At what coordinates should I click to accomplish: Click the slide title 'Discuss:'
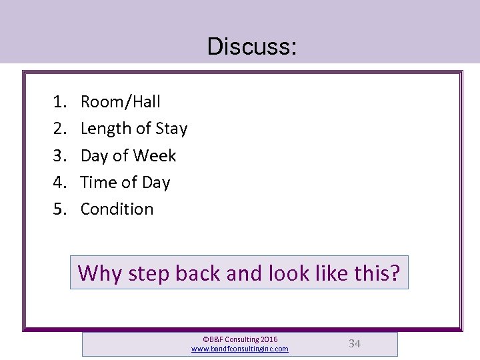coord(252,47)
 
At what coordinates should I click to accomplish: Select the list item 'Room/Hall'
coord(120,102)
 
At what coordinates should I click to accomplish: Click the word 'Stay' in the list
coord(171,129)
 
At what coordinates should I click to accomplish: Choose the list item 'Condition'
coord(117,209)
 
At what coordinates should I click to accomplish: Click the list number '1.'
coord(60,102)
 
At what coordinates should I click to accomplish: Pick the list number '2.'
coord(60,129)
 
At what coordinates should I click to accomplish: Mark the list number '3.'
coord(60,156)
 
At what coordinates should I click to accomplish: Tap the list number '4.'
coord(60,183)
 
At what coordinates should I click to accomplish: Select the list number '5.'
coord(60,209)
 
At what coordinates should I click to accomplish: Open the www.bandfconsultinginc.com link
coord(240,349)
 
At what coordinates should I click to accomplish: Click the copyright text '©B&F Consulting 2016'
coord(240,339)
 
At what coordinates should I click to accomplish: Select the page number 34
coord(355,344)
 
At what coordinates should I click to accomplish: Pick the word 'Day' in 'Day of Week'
coord(94,157)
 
